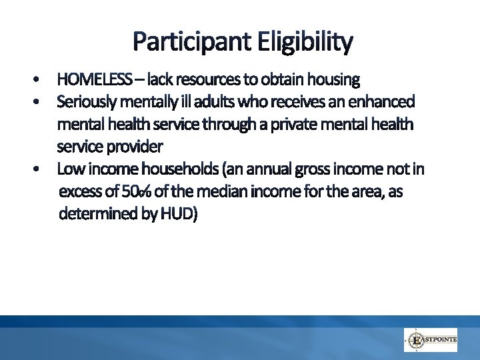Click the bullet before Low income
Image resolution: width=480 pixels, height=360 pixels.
click(39, 169)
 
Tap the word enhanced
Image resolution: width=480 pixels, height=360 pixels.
click(383, 103)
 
